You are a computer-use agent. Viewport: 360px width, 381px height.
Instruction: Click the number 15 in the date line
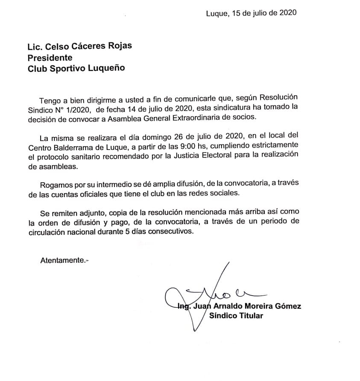click(x=237, y=13)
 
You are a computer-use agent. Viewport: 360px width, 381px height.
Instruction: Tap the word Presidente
click(x=50, y=57)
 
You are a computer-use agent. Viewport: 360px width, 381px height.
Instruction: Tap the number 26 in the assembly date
click(x=179, y=138)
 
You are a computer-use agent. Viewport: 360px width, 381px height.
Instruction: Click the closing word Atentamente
click(x=62, y=260)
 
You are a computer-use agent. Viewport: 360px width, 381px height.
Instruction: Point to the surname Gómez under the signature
click(x=288, y=306)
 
